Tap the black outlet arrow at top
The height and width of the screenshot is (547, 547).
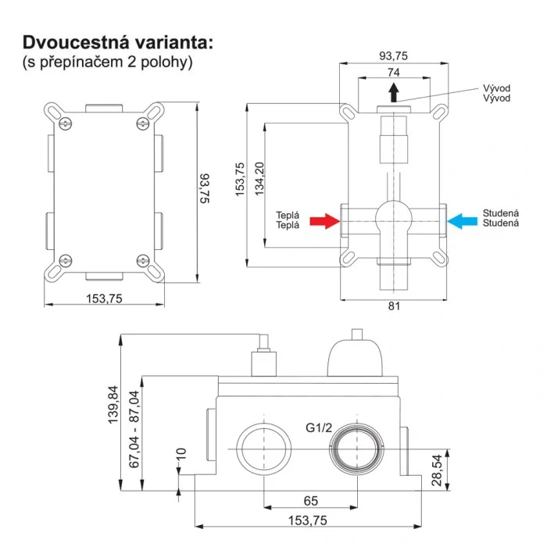tap(393, 93)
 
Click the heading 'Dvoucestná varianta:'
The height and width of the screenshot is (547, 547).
tap(116, 41)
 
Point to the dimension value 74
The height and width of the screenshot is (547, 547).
tap(393, 71)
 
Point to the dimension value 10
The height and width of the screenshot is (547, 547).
tap(181, 453)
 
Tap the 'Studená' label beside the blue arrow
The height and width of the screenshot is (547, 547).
tap(500, 217)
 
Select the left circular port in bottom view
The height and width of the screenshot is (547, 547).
tap(263, 450)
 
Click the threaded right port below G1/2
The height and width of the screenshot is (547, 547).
tap(359, 451)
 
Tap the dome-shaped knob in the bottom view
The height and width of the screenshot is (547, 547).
tap(358, 360)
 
